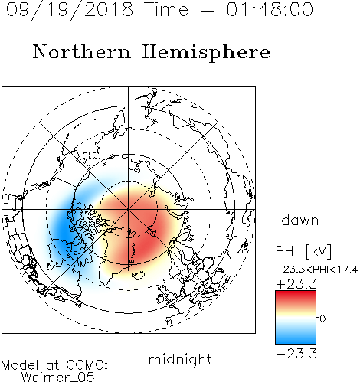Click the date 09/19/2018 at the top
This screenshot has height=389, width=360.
70,10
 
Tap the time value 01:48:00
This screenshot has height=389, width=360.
270,9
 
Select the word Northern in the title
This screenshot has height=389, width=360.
82,51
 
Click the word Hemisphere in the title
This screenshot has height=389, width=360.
206,53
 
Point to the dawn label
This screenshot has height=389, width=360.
300,220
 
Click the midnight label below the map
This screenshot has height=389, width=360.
180,360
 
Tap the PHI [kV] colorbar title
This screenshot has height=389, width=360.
303,251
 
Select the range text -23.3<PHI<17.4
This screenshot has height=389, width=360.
316,270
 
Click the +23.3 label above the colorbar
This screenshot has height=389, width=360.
296,284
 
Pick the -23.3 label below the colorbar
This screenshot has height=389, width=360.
296,354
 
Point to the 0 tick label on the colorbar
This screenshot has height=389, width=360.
322,319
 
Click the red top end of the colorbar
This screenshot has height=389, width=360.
296,293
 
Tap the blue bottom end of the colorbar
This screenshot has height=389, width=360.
296,342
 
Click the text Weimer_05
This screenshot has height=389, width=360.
58,377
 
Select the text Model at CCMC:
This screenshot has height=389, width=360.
54,365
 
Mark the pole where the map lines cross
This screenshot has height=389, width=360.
129,209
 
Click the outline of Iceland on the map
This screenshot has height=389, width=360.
138,275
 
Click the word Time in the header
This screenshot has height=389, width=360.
166,9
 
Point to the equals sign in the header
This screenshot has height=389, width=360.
207,10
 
